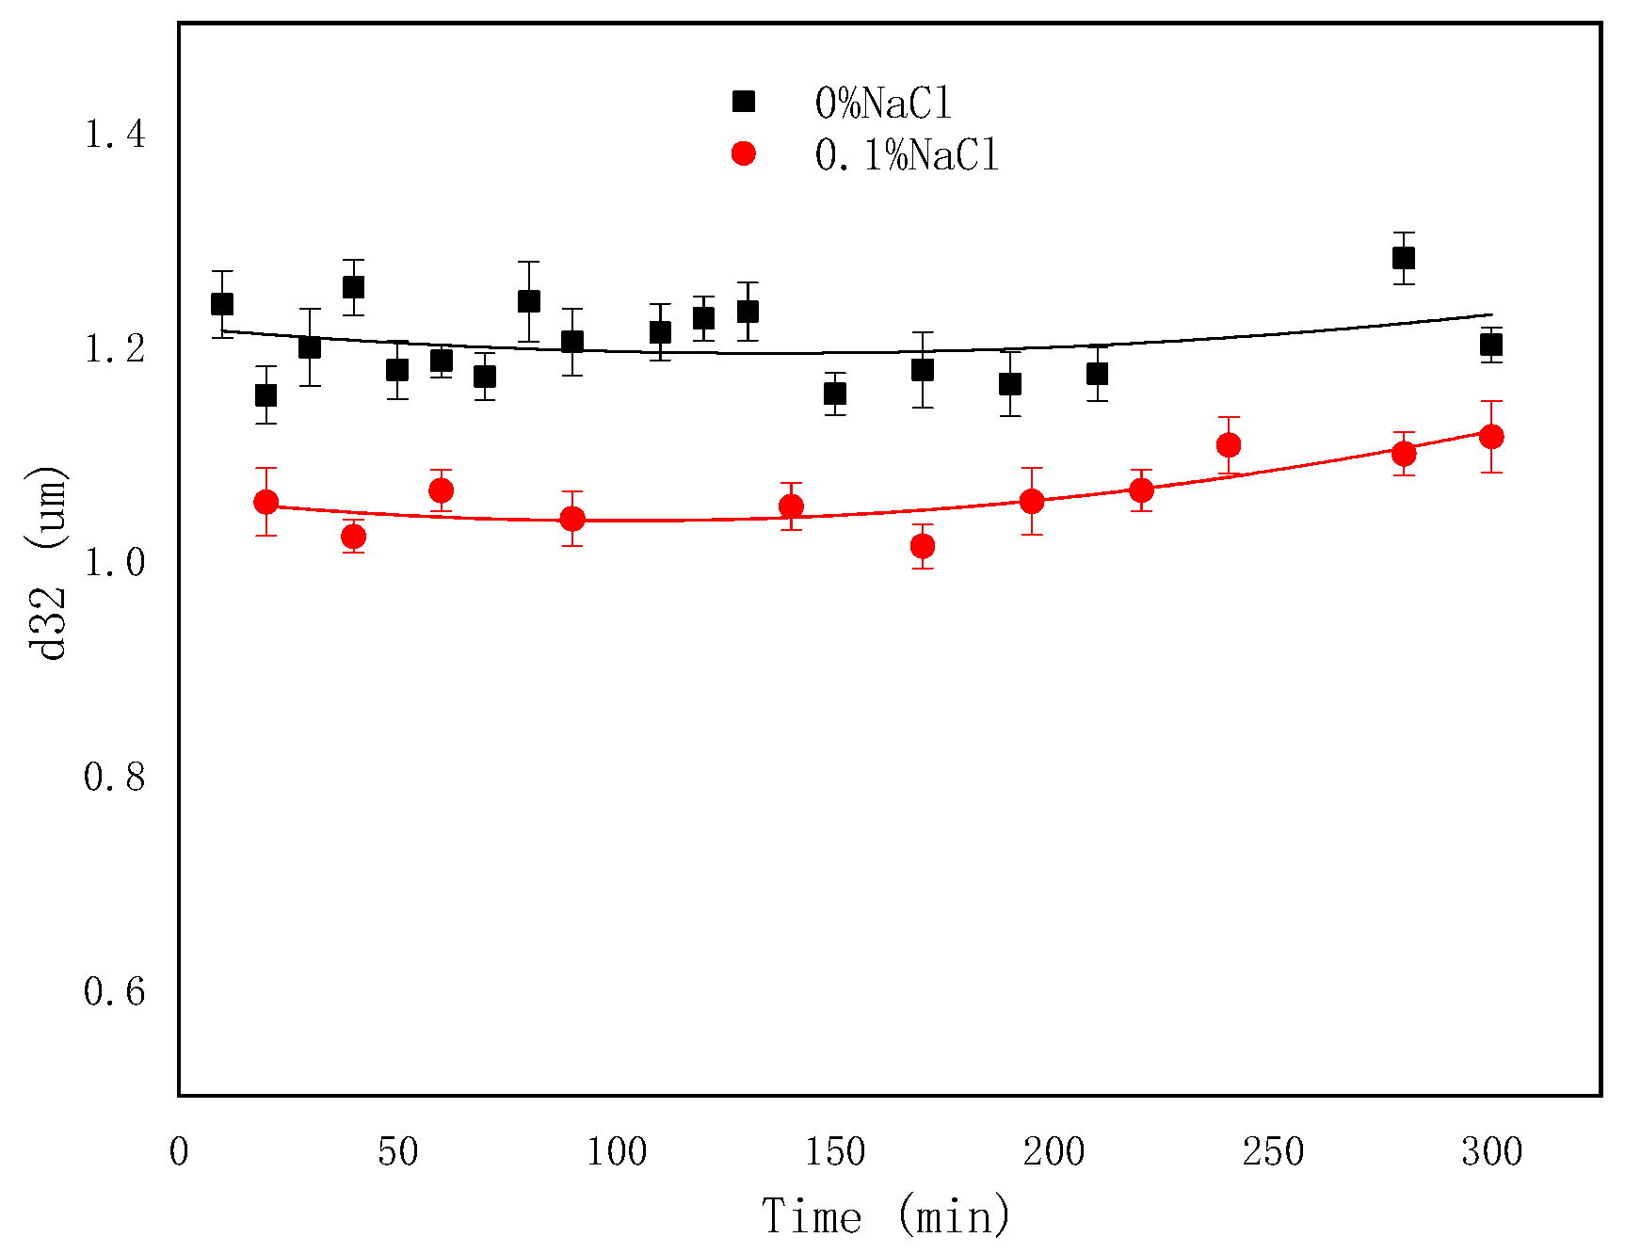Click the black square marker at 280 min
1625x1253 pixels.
coord(1403,258)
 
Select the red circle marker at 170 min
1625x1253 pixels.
coord(923,546)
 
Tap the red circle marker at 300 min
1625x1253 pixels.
coord(1491,437)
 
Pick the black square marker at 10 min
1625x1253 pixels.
coord(222,304)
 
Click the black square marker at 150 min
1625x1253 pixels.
coord(835,394)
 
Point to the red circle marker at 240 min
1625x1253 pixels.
coord(1229,445)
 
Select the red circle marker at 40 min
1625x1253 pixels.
coord(354,537)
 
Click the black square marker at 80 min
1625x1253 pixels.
coord(529,301)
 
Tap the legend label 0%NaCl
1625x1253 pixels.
coord(883,103)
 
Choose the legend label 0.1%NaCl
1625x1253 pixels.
coord(906,154)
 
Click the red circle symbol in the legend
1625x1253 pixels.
coord(744,153)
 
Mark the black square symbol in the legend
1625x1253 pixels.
coord(744,102)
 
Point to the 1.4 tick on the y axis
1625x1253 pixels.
coord(115,135)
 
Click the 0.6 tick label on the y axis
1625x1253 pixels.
coord(115,991)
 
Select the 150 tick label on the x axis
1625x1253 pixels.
coord(835,1152)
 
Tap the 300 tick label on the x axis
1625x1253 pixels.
coord(1491,1152)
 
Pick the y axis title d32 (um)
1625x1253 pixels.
coord(47,562)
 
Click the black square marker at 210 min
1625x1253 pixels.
coord(1097,374)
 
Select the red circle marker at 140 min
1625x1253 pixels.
coord(792,506)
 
